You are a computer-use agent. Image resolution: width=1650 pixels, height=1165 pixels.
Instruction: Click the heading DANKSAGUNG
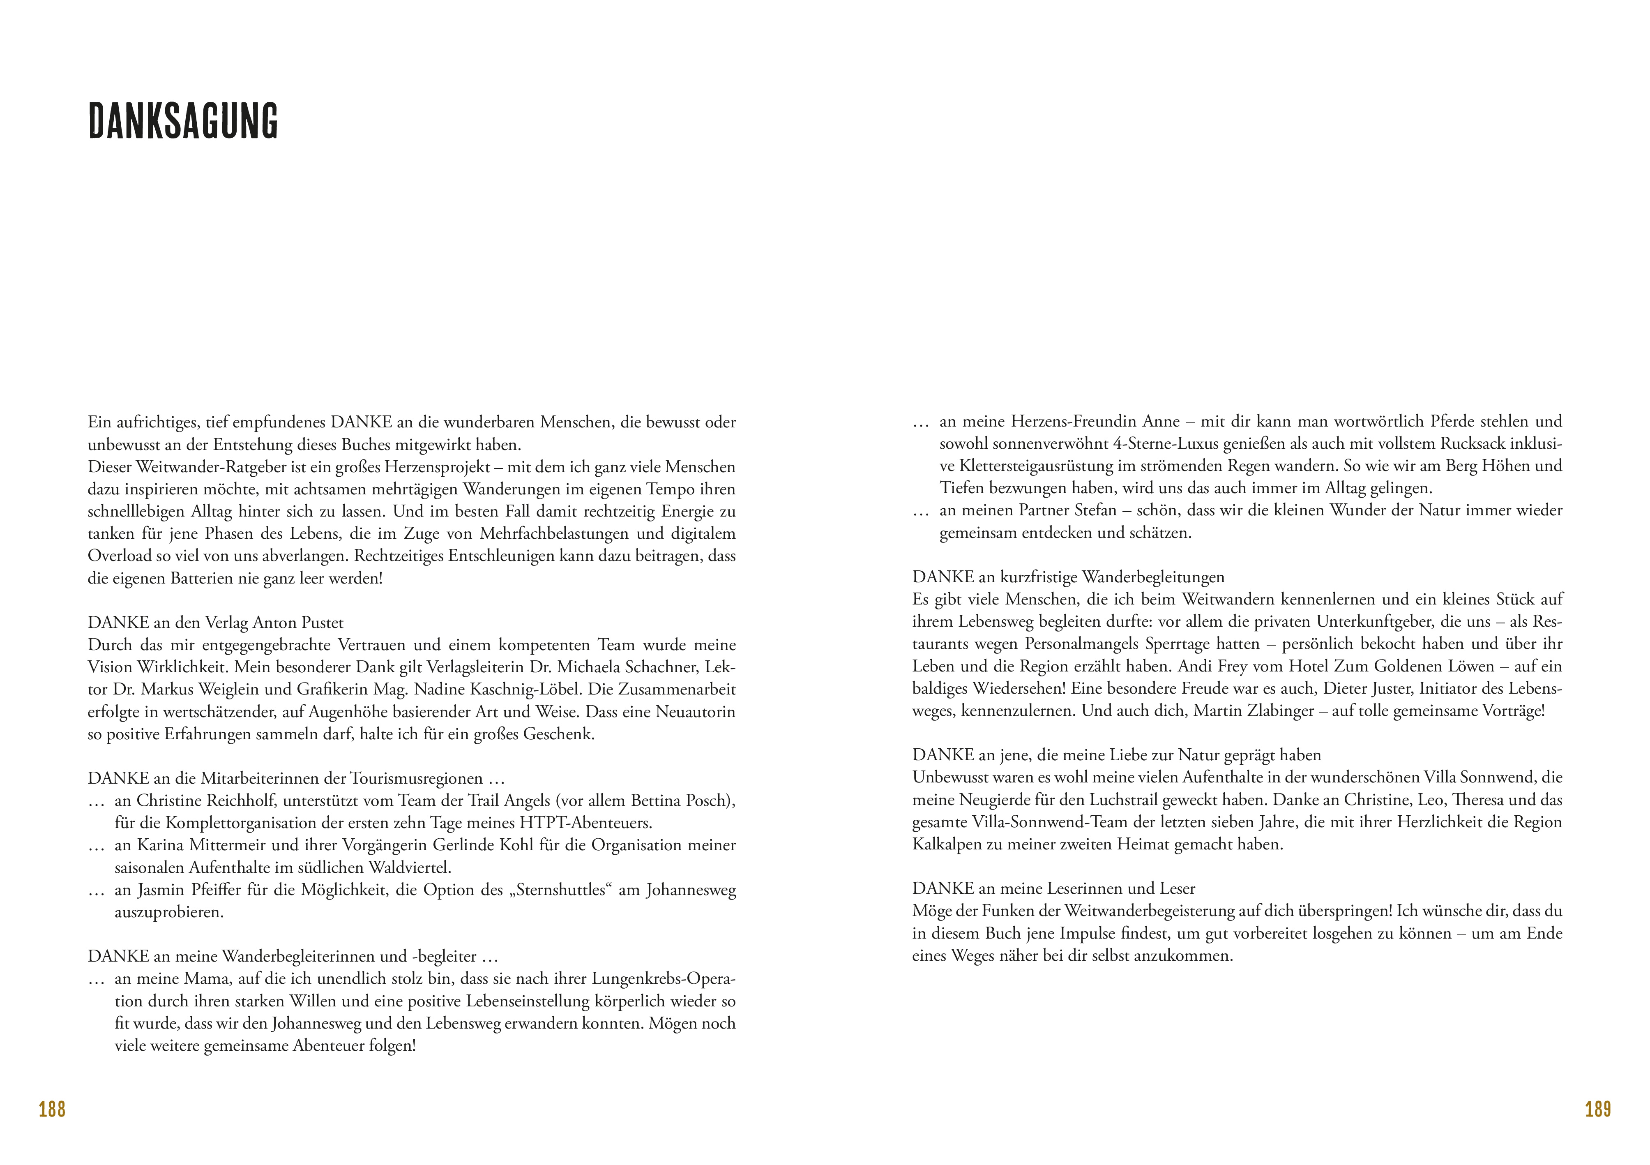tap(183, 121)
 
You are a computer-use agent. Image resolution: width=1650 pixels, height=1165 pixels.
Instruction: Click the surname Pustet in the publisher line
tap(319, 623)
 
